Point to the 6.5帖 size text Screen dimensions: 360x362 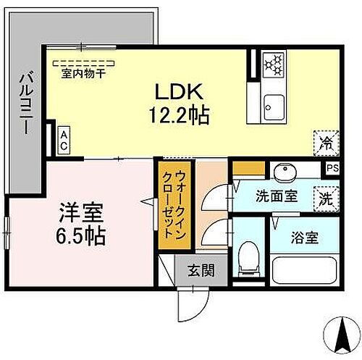click(80, 236)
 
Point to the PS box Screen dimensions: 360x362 click(331, 168)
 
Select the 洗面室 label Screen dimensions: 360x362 click(277, 196)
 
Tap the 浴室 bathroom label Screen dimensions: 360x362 click(303, 237)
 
